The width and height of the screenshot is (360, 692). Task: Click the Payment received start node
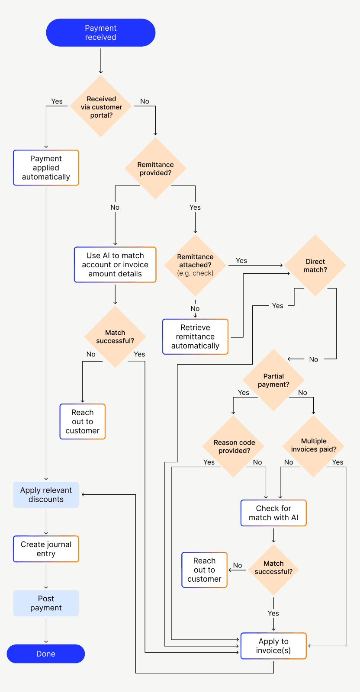coord(100,32)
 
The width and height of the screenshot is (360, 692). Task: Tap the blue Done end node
coord(46,654)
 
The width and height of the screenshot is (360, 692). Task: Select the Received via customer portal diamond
coord(101,106)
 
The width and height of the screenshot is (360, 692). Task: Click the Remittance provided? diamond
coord(155,168)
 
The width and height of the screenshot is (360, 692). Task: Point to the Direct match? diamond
coord(315,266)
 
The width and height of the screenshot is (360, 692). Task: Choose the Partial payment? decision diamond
coord(273,380)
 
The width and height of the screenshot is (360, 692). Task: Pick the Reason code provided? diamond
coord(234,446)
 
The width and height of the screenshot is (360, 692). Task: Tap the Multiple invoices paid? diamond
coord(313,445)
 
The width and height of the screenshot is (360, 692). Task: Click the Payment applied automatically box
coord(46,168)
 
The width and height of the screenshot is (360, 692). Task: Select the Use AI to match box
coord(115,265)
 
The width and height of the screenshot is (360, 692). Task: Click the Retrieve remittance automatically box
coord(195,336)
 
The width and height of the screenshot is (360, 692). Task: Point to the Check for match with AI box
coord(273,513)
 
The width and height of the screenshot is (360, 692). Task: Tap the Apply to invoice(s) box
coord(273,646)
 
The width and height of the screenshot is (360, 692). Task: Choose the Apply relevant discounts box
coord(46,495)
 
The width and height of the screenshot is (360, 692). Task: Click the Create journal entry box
coord(46,549)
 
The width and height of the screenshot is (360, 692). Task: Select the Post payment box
coord(46,603)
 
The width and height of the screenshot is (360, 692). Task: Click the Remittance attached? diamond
coord(195,265)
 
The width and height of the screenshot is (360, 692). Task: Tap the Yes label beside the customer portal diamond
coord(57,101)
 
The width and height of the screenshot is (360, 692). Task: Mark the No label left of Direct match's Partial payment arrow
coord(314,359)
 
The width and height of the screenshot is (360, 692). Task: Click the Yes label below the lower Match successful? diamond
coord(273,613)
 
